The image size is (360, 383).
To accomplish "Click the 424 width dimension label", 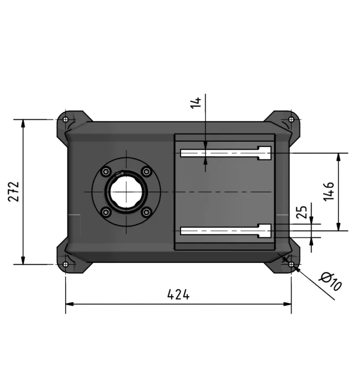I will (178, 294).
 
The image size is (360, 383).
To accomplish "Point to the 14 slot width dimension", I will (196, 103).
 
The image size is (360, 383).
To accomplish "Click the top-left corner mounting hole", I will (65, 119).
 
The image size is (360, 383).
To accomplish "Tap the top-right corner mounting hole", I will (291, 119).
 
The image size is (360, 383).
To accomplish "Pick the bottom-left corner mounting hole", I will (65, 264).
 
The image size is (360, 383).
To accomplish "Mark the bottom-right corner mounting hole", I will (291, 264).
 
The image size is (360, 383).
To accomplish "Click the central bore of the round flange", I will (126, 192).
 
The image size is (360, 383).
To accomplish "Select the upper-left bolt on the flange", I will (106, 171).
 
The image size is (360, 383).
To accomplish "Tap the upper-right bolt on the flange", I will (147, 171).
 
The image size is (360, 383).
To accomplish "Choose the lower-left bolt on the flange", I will (106, 212).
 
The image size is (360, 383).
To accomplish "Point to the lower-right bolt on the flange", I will (147, 212).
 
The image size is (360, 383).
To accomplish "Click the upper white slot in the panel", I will (226, 153).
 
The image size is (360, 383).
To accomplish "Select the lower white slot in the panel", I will (226, 231).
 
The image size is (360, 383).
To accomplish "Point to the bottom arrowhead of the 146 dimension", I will (339, 227).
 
